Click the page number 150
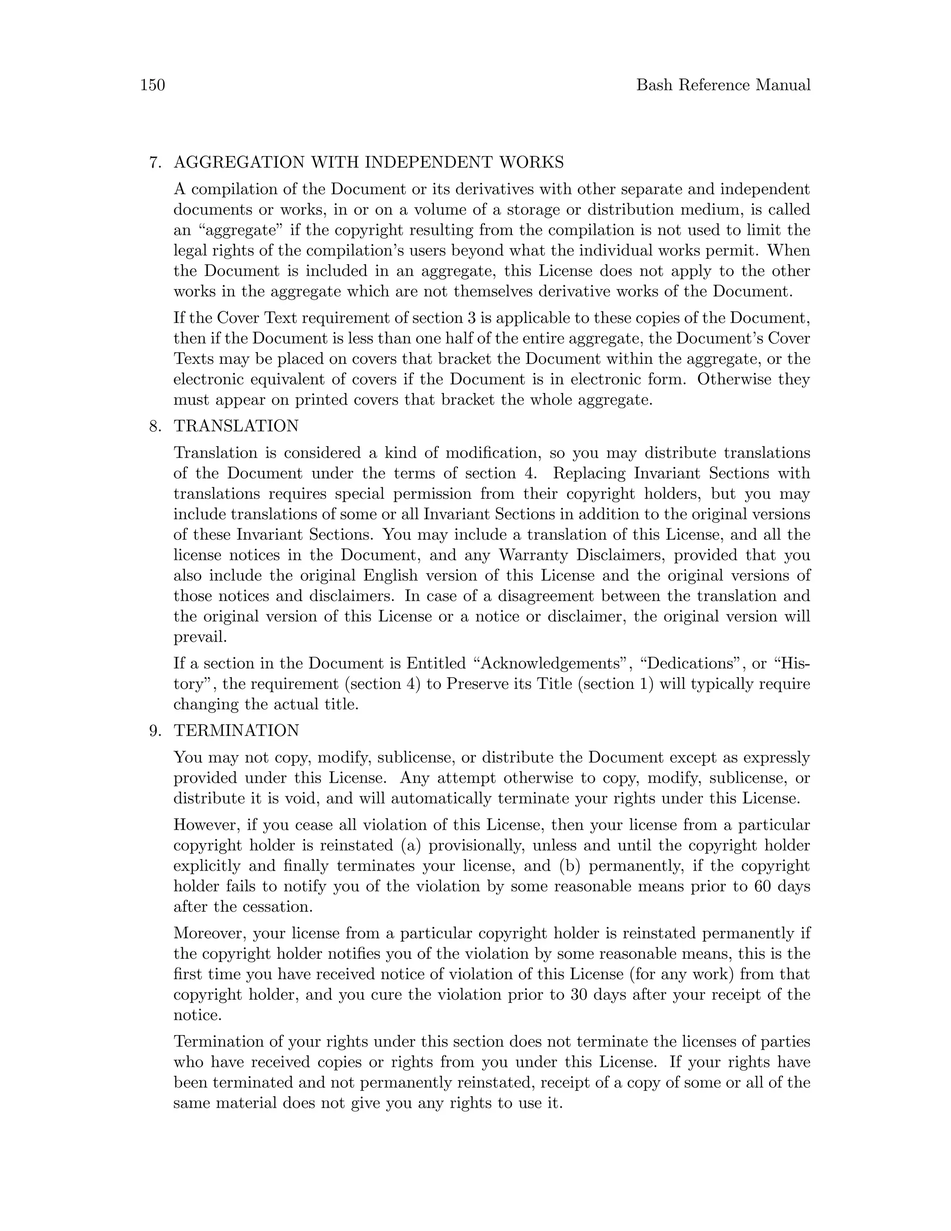click(x=152, y=85)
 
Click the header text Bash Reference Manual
click(x=723, y=85)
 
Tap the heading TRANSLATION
click(x=236, y=426)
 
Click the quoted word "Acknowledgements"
click(x=549, y=663)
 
